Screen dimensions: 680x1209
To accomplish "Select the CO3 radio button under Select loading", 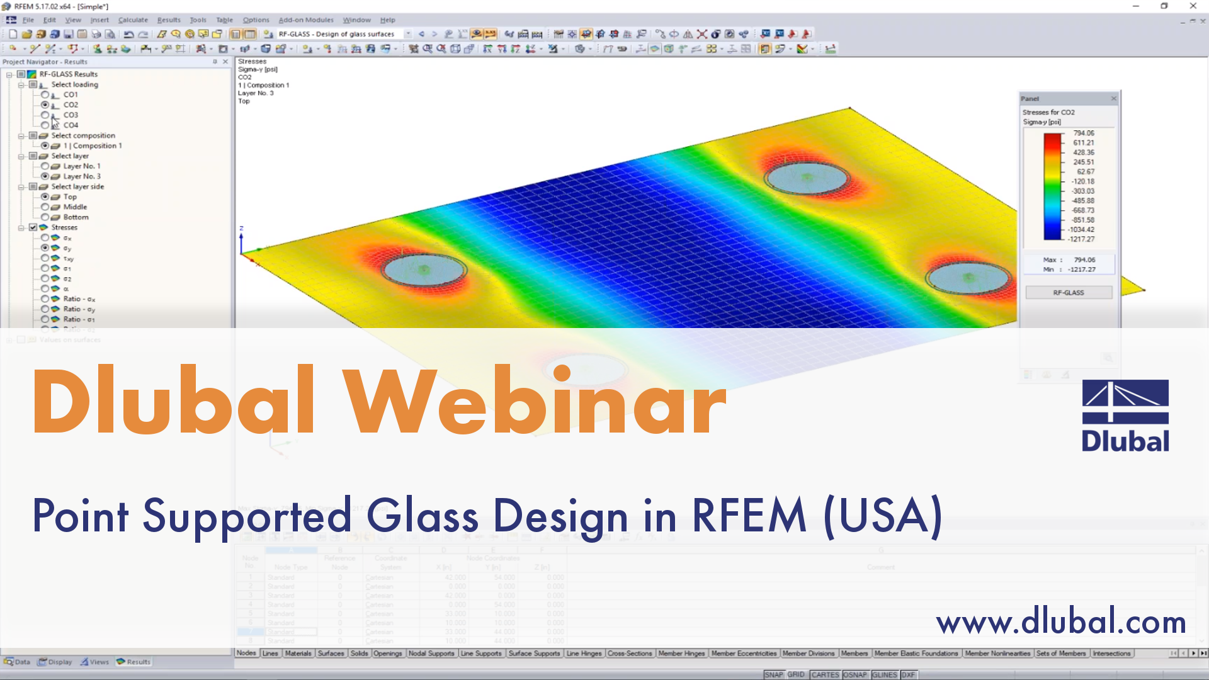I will point(45,115).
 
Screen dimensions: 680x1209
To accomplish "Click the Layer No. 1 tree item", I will point(81,166).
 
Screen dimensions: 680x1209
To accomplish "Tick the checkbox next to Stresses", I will point(33,227).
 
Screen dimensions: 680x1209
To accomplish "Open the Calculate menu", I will point(133,20).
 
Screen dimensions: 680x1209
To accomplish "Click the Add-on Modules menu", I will point(306,20).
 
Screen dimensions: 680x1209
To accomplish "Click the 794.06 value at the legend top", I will point(1084,133).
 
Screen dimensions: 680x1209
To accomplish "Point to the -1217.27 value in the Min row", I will point(1081,269).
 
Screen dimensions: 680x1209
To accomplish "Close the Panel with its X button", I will point(1113,99).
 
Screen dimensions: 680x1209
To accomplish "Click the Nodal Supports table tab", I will point(431,654).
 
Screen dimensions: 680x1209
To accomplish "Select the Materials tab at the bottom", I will point(298,654).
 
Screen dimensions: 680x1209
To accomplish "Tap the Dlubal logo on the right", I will point(1125,416).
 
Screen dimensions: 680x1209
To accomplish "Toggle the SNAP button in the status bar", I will point(773,674).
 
